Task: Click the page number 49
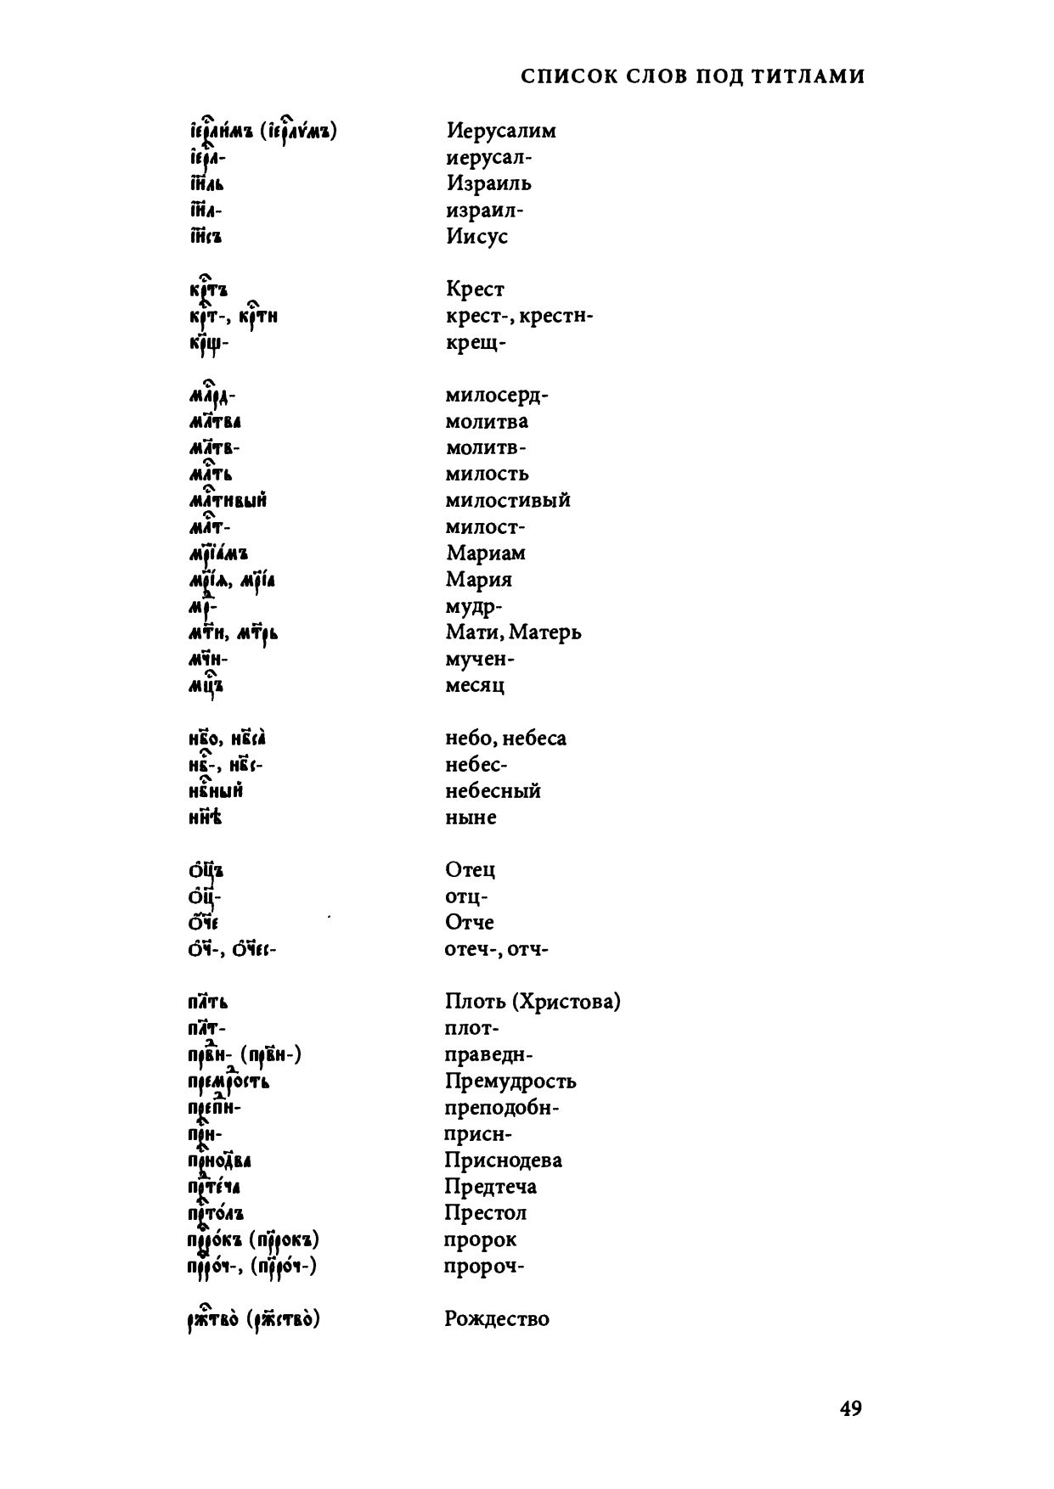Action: coord(851,1408)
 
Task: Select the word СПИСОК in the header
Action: coord(561,76)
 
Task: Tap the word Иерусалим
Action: coord(501,131)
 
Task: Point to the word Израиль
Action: coord(488,183)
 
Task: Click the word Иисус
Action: coord(476,236)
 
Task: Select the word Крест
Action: coord(475,289)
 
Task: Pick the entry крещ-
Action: coord(476,343)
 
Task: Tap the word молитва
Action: coord(487,422)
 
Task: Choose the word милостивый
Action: coord(508,500)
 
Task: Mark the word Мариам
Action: coord(486,553)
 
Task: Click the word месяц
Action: coord(475,685)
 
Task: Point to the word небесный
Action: coord(493,791)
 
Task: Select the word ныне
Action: coord(471,818)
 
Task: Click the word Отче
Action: coord(469,923)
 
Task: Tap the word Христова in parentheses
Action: coord(566,1002)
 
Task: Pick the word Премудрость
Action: coord(510,1082)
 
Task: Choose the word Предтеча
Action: coord(490,1187)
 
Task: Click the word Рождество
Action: coord(497,1319)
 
